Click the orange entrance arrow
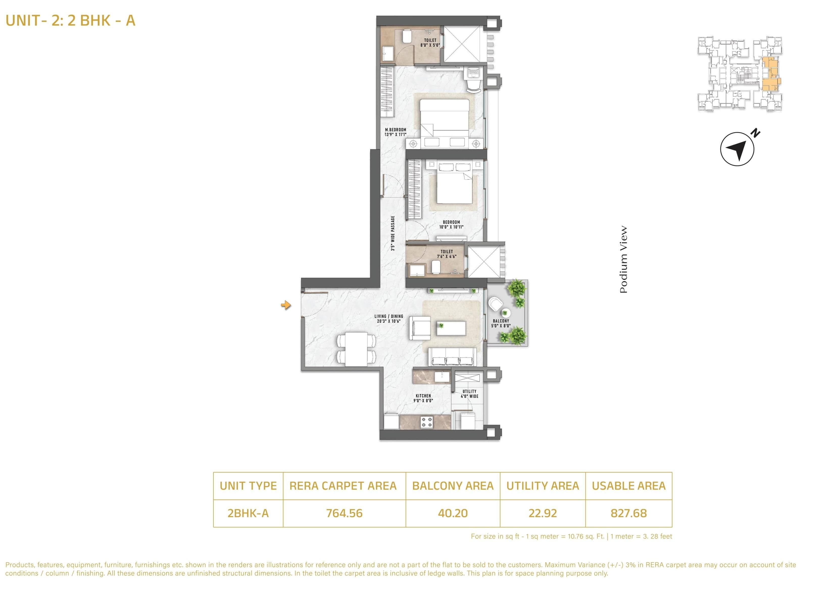coord(286,305)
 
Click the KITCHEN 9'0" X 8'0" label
coord(423,398)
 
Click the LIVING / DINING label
coord(389,319)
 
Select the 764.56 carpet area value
coord(344,513)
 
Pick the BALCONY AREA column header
coord(453,486)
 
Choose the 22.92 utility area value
coord(543,513)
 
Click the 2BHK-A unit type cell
coord(248,513)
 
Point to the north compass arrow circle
coord(737,149)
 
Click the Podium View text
coord(624,259)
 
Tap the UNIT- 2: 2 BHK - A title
coord(70,20)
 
